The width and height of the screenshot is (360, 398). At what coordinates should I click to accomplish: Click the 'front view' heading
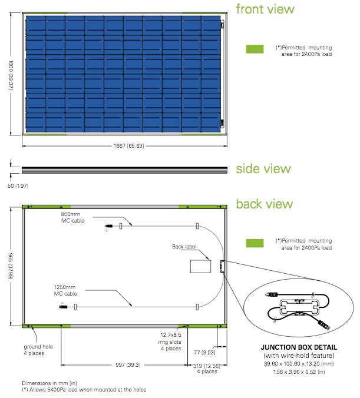click(265, 9)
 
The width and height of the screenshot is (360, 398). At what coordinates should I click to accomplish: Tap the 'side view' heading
click(263, 169)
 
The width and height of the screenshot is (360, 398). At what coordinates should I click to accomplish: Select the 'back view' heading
click(264, 204)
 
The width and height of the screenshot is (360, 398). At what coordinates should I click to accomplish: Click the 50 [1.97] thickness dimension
click(18, 186)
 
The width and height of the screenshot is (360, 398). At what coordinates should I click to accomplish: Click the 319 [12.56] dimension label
click(207, 367)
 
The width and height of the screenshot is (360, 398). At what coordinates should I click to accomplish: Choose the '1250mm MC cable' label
click(66, 290)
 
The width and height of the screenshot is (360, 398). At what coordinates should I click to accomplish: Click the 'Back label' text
click(184, 247)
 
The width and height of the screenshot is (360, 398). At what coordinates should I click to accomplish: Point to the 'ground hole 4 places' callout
click(38, 350)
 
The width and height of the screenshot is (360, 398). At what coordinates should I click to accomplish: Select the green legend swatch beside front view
click(255, 49)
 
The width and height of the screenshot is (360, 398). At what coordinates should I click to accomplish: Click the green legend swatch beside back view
click(255, 243)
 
